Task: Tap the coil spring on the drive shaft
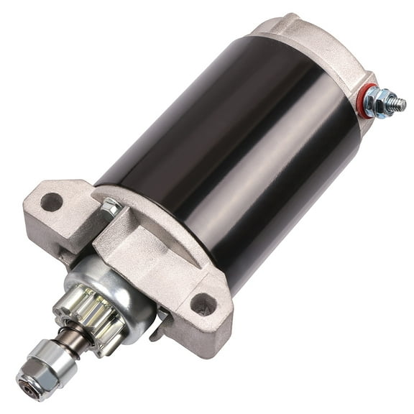(72, 339)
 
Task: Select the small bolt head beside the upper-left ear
(111, 208)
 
